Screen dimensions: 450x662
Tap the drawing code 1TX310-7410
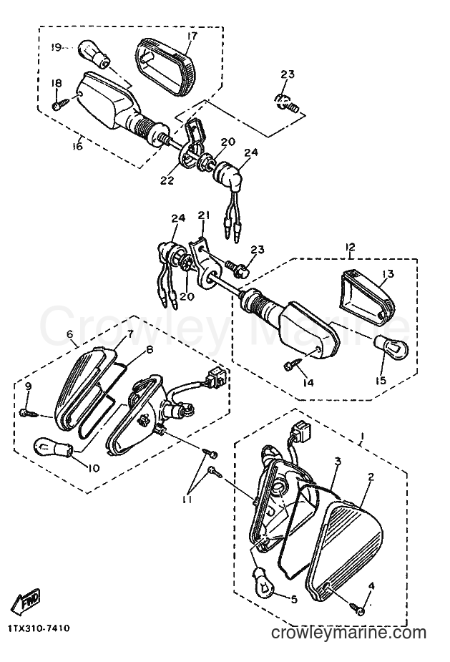click(39, 629)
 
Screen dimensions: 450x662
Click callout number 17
click(192, 36)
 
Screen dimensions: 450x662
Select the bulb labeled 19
click(92, 54)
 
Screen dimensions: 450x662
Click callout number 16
click(78, 146)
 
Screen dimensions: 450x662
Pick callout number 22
click(166, 180)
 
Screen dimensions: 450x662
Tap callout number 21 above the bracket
click(204, 215)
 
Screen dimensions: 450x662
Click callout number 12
click(350, 247)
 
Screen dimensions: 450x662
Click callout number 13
click(388, 274)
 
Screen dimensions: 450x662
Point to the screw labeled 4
click(358, 608)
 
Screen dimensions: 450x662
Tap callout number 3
click(337, 462)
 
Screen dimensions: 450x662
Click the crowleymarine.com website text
click(348, 633)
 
